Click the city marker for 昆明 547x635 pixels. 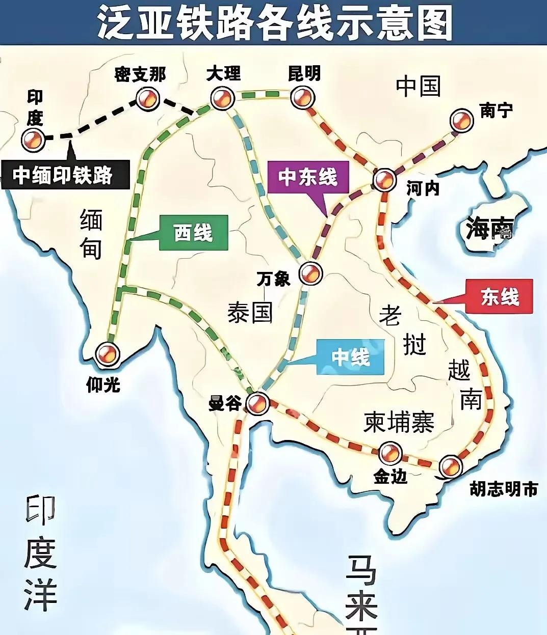(302, 97)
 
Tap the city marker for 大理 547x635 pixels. (223, 98)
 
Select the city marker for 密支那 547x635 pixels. (148, 98)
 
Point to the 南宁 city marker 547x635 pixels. (462, 121)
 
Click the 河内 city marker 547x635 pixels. (385, 179)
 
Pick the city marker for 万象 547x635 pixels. (310, 273)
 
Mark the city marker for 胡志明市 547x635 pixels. (451, 466)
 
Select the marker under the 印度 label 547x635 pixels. (34, 139)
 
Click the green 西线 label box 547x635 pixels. (193, 233)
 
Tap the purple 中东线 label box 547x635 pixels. (308, 177)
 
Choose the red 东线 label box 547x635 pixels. (500, 296)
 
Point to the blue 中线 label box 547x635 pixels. (350, 357)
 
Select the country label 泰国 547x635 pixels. (250, 311)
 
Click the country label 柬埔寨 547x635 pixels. (399, 422)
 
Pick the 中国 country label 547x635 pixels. (418, 86)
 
